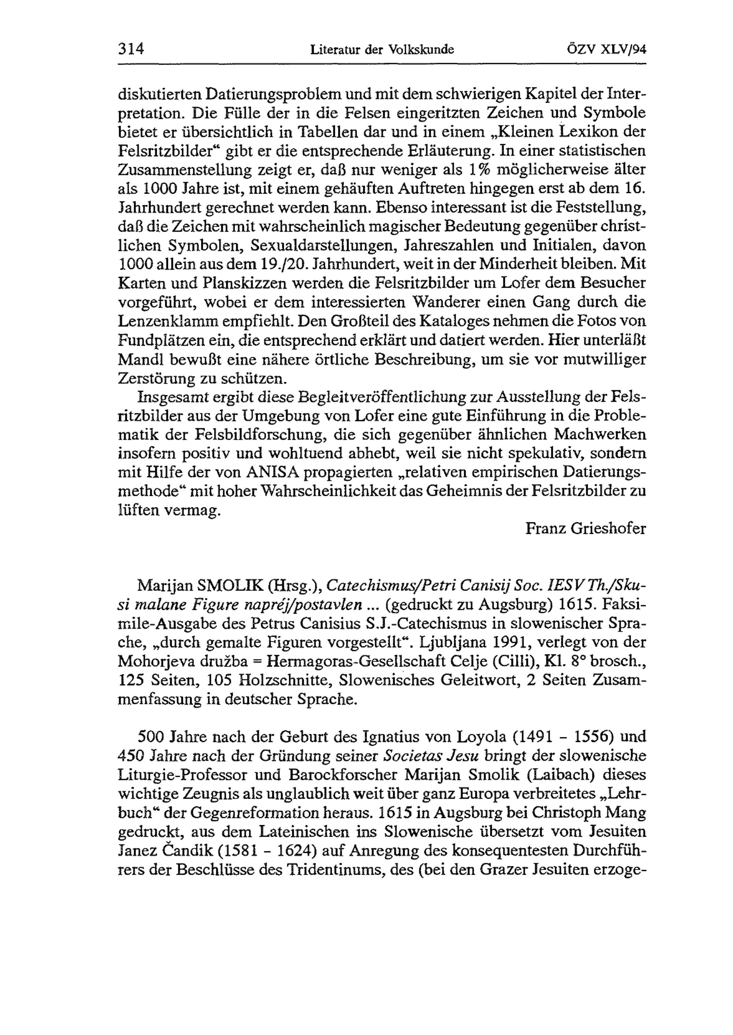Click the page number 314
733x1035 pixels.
pos(130,48)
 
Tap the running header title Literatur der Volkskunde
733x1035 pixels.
pos(382,49)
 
